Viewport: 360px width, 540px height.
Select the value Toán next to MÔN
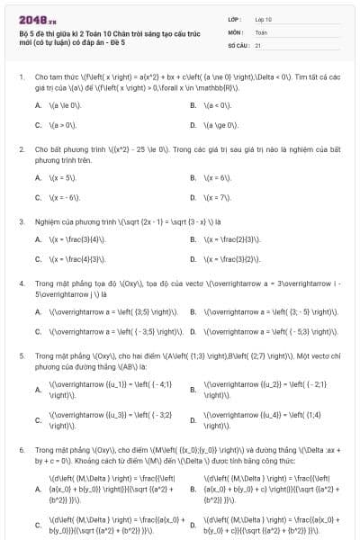pos(261,31)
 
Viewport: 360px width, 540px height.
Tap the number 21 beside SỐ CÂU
pos(258,44)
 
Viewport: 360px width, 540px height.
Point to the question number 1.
pos(21,77)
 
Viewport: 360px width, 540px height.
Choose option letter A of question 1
pos(38,106)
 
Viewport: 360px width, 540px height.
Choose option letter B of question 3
pos(193,239)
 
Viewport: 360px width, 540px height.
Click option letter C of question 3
pos(38,259)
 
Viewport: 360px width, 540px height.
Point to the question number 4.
pos(21,283)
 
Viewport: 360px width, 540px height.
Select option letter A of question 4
pos(38,311)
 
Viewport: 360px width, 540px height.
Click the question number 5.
pos(21,355)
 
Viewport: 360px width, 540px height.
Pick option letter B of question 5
pos(193,390)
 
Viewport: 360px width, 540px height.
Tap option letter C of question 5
pos(38,419)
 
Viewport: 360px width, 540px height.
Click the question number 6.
pos(21,448)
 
